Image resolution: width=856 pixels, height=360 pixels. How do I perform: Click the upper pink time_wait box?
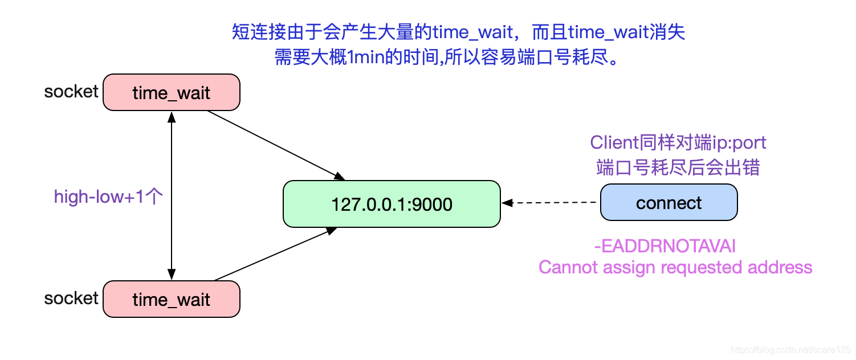171,92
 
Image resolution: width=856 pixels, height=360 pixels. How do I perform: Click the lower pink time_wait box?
171,299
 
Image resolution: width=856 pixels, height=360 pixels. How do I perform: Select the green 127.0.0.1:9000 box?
392,204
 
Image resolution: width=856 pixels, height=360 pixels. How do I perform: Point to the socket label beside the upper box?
71,91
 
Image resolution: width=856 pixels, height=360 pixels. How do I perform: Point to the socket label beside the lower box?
71,298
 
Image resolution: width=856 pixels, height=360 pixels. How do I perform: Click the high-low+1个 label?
108,197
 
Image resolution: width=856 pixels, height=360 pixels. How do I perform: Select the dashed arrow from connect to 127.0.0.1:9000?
551,203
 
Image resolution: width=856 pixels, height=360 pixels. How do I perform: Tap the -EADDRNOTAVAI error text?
665,246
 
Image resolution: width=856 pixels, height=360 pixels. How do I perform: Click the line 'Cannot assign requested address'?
675,267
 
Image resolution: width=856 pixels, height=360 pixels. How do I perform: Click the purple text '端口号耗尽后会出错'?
678,167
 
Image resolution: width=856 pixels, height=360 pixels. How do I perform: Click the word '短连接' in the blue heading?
253,32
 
